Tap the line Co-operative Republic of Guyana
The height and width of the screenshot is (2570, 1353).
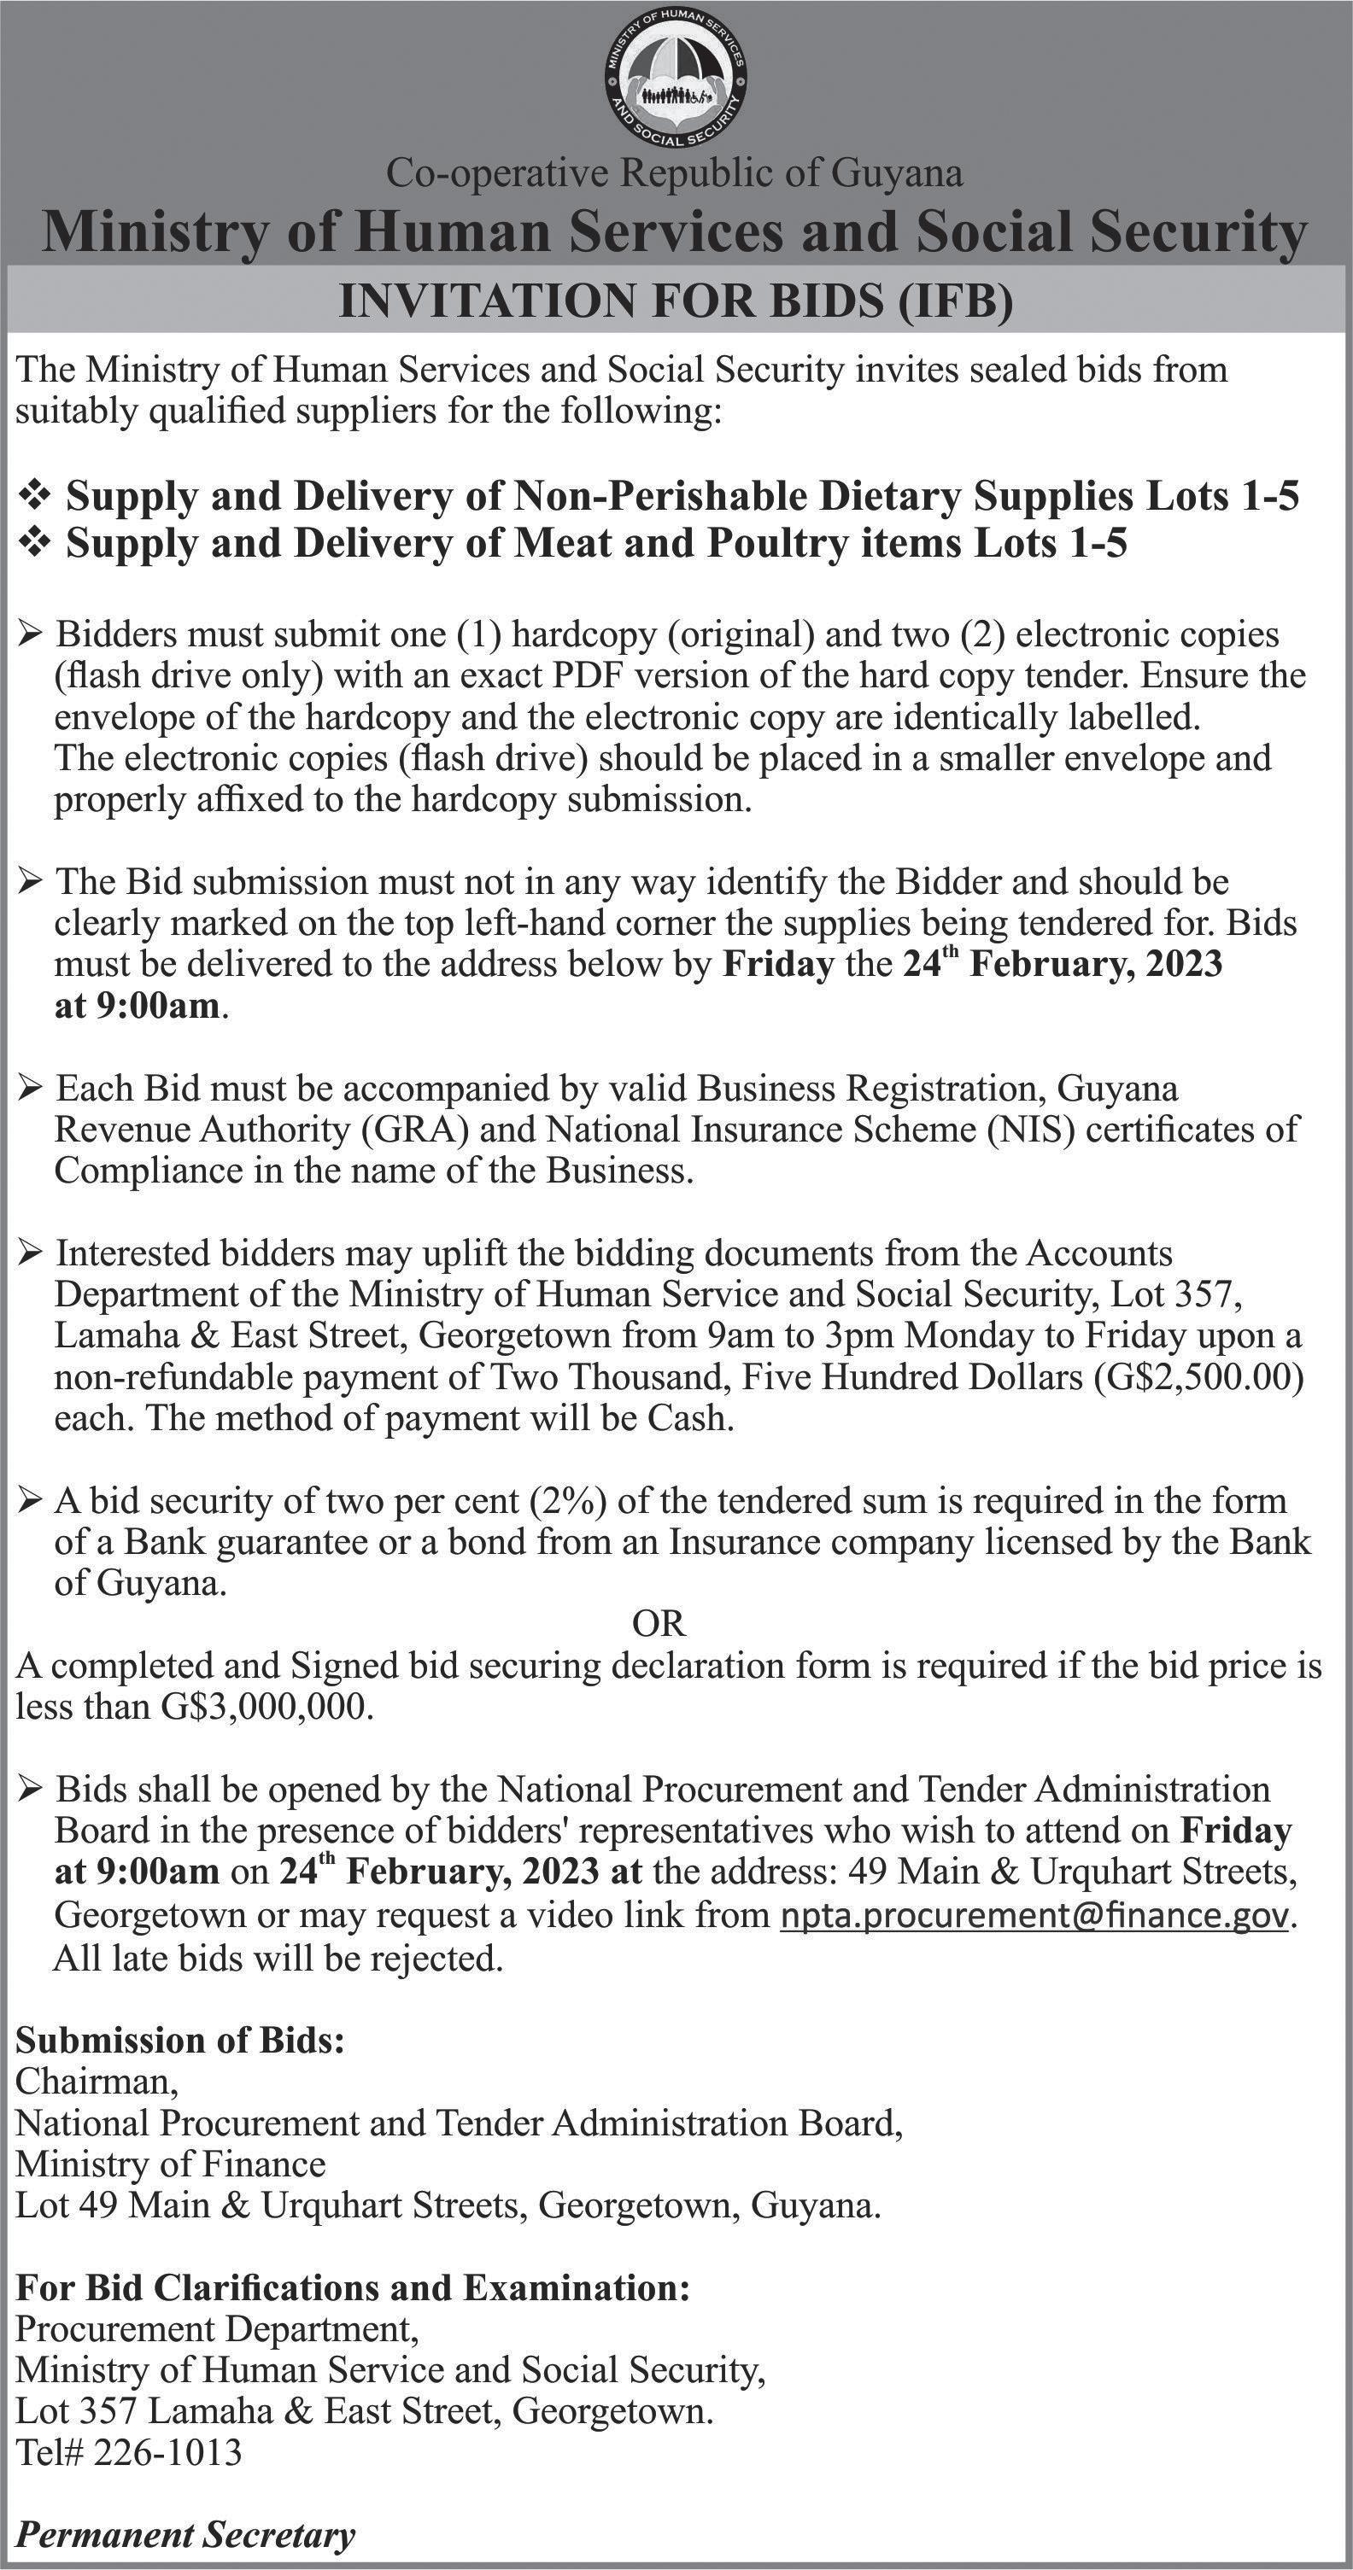(x=676, y=173)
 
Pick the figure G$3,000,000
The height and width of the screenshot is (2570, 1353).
(x=266, y=1708)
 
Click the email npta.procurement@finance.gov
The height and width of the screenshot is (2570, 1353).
(x=1034, y=1915)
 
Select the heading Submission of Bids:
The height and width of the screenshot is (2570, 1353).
(x=180, y=2041)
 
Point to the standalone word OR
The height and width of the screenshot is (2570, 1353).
(x=659, y=1624)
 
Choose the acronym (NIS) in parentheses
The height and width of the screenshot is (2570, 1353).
(x=1032, y=1130)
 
